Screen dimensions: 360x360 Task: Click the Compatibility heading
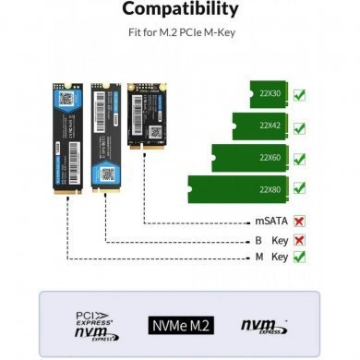click(180, 12)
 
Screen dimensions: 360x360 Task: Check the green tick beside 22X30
click(299, 94)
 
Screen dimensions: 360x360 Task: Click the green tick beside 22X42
click(299, 125)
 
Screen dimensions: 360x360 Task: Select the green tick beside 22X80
click(299, 186)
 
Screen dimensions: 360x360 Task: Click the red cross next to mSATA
click(298, 222)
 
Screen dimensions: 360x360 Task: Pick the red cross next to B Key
click(298, 240)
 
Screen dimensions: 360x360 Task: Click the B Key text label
click(270, 240)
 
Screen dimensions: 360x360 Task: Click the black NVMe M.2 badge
click(180, 324)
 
